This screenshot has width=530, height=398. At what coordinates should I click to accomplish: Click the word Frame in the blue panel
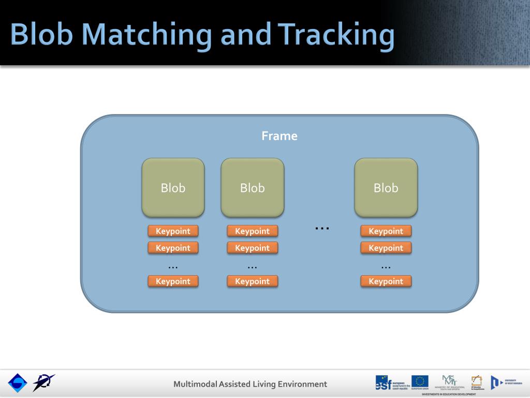pyautogui.click(x=279, y=136)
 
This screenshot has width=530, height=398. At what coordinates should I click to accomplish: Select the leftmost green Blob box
pyautogui.click(x=173, y=187)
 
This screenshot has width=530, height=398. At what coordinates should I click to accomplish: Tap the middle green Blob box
pyautogui.click(x=252, y=187)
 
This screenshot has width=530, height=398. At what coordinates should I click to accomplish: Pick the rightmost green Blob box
pyautogui.click(x=386, y=187)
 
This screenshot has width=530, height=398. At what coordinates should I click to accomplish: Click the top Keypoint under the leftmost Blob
pyautogui.click(x=173, y=231)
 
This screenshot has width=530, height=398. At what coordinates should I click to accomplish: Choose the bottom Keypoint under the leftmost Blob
pyautogui.click(x=173, y=281)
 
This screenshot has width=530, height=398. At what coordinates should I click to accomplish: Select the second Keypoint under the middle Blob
pyautogui.click(x=252, y=248)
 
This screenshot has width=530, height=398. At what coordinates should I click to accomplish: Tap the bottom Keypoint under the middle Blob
pyautogui.click(x=252, y=281)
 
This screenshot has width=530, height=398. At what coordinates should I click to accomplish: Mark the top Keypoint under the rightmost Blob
pyautogui.click(x=386, y=231)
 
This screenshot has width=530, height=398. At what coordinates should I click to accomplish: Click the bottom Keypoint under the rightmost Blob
pyautogui.click(x=386, y=281)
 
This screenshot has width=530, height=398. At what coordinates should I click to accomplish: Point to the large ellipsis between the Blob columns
pyautogui.click(x=322, y=227)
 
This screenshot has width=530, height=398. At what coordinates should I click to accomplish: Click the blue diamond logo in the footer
pyautogui.click(x=17, y=383)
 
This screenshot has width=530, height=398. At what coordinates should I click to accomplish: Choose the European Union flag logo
pyautogui.click(x=420, y=381)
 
